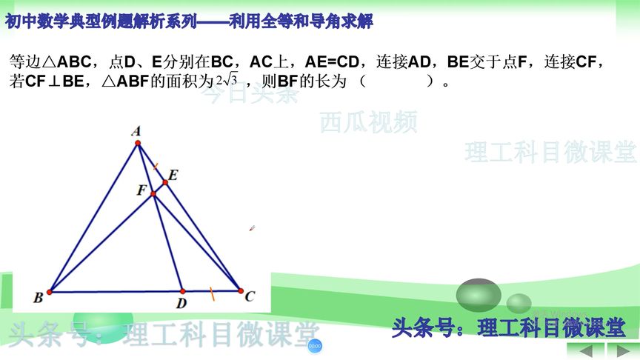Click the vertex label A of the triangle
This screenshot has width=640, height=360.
point(136,132)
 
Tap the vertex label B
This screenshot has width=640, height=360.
point(38,298)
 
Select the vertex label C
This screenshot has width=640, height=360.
point(250,297)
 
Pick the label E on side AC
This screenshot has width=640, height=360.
point(173,175)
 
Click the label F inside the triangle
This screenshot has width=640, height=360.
point(141,190)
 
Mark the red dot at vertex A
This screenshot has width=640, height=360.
point(138,144)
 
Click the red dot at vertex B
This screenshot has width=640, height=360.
point(50,292)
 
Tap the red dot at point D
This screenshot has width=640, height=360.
point(182,291)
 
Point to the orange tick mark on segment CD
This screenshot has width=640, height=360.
point(212,294)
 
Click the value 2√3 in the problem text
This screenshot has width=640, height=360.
point(226,81)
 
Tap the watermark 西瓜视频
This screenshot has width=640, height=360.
point(368,121)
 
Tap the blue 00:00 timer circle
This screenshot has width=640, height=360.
point(314,346)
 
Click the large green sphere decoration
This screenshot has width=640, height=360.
point(479,295)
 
